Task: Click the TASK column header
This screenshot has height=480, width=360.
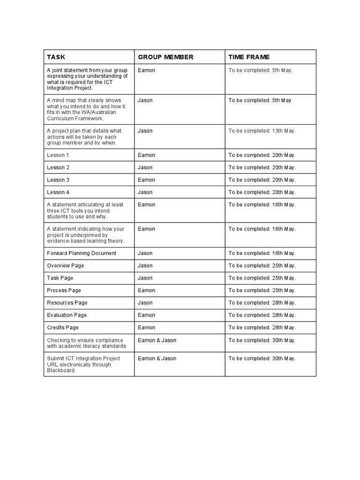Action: tap(56, 57)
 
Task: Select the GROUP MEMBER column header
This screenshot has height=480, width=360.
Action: tap(165, 57)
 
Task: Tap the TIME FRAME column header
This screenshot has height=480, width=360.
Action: tap(249, 57)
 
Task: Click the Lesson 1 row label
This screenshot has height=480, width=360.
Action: tap(58, 155)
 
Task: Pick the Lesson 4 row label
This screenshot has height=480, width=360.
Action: tap(58, 192)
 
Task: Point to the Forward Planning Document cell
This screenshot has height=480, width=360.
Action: tap(82, 253)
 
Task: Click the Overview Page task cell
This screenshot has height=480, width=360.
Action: tap(66, 266)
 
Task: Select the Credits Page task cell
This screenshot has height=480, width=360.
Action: tap(63, 328)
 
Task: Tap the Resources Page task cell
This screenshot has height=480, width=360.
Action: tap(67, 303)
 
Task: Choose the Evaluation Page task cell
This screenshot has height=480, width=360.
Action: tap(67, 315)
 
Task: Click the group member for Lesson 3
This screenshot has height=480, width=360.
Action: tap(146, 180)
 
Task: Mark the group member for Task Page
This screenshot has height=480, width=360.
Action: tap(145, 278)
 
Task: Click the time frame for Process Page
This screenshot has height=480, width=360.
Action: tap(262, 291)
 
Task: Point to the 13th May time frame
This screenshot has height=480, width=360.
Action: tap(262, 131)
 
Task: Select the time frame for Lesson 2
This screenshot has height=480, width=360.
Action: tap(262, 167)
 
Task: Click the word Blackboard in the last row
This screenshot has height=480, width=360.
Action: tap(61, 370)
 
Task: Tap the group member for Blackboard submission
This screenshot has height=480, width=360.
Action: tap(157, 359)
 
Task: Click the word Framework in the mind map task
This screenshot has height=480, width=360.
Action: tap(102, 119)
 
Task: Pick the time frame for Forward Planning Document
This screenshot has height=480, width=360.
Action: tap(262, 253)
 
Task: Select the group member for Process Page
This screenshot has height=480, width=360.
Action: tap(146, 291)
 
